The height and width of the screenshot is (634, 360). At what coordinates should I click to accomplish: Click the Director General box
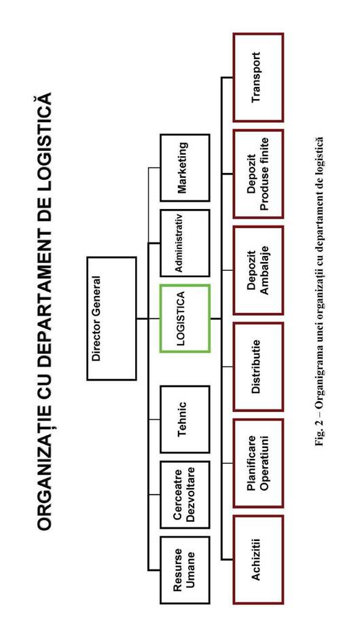pos(111,318)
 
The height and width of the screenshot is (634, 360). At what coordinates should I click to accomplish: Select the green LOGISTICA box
pos(185,318)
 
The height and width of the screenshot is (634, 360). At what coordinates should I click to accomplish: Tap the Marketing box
pos(185,168)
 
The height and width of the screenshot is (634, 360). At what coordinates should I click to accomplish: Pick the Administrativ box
pos(185,243)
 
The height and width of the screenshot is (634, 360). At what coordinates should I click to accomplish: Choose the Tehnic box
pos(185,419)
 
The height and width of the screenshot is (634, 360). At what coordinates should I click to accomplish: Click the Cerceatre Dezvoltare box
pos(185,494)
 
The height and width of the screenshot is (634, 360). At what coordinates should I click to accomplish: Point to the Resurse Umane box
pos(185,570)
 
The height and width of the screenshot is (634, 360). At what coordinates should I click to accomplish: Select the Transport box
pos(258,77)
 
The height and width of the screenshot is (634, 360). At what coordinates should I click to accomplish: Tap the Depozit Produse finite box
pos(258,174)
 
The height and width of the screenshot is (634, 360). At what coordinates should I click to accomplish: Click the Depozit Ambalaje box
pos(258,269)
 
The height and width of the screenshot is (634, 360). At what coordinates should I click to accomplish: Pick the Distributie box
pos(258,367)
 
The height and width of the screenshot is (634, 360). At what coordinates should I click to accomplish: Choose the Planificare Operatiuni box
pos(258,463)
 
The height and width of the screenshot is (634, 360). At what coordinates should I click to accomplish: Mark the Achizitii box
pos(258,559)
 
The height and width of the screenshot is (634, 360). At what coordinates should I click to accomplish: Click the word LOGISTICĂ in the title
pos(45,141)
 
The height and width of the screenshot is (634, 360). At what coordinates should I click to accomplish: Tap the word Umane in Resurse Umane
pos(191,570)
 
